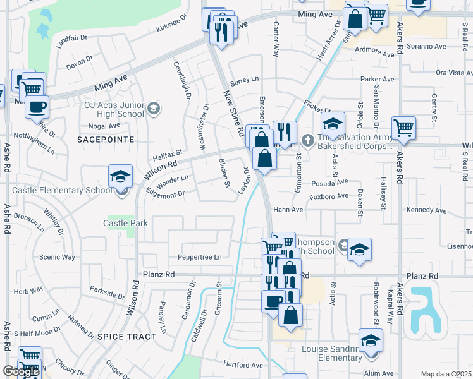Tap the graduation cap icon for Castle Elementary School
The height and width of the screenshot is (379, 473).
[120, 178]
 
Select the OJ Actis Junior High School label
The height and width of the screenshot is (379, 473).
[114, 110]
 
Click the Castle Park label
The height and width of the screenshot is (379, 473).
[125, 223]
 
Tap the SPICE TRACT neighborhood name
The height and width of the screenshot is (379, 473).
[126, 337]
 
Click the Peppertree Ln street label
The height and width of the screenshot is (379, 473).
[199, 257]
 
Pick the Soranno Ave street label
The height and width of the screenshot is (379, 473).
[427, 46]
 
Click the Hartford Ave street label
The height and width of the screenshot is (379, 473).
[243, 364]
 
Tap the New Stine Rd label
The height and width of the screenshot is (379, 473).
[233, 114]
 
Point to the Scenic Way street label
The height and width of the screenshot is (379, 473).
[57, 257]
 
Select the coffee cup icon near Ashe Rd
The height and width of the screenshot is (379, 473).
[37, 106]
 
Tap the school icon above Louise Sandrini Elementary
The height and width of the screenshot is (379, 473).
[371, 341]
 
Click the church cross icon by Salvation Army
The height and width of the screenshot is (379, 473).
[307, 139]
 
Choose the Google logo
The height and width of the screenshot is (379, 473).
[21, 372]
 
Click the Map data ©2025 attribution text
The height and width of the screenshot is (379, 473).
[445, 374]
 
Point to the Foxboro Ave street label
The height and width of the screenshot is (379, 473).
[329, 196]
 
